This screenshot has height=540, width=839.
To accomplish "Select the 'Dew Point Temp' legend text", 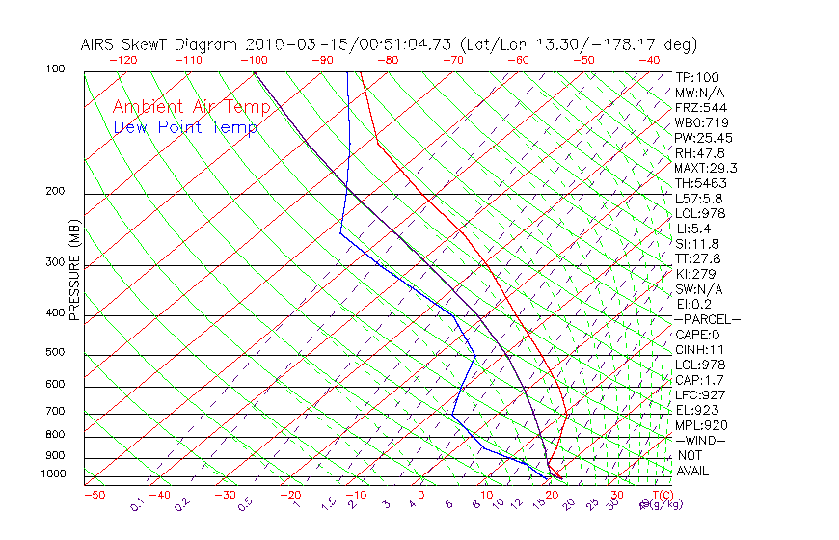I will click(x=185, y=127).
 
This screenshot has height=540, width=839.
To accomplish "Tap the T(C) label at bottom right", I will click(x=661, y=495).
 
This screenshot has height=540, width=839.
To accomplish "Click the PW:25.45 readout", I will click(x=703, y=138).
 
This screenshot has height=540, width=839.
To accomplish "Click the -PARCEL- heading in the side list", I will click(x=707, y=319).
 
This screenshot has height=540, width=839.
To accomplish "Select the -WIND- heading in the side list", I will click(x=701, y=441).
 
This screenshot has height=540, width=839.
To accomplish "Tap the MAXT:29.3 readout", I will click(x=707, y=168).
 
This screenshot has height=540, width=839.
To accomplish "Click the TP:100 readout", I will click(x=696, y=77).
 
